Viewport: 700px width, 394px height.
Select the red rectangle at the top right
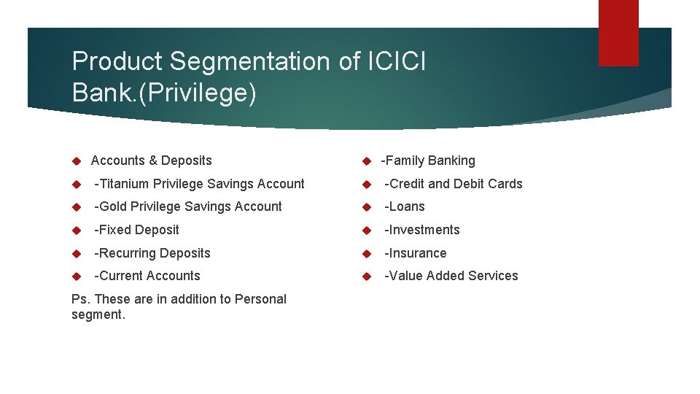618,33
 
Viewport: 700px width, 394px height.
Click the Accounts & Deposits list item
151,161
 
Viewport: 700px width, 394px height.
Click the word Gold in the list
113,206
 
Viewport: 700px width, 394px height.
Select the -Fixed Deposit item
136,230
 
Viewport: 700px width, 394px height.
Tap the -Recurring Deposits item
152,253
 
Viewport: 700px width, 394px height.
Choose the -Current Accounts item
147,276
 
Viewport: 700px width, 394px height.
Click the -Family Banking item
428,161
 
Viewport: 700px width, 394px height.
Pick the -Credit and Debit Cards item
453,184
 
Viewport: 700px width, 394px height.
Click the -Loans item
404,206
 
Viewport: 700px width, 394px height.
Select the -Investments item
421,230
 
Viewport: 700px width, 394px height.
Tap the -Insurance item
415,253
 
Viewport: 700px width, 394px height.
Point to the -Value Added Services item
451,276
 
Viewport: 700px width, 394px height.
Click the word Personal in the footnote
262,298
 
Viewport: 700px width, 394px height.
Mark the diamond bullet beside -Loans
367,207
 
